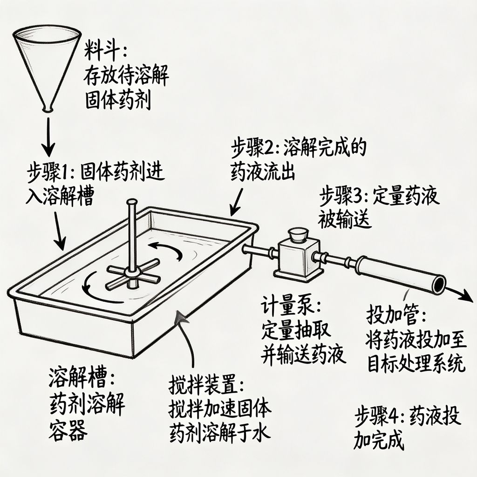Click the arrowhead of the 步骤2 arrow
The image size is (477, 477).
pos(234,212)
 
